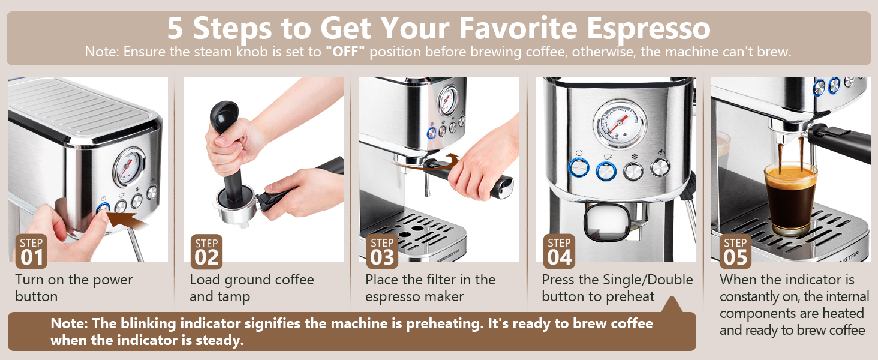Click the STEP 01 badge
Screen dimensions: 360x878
(31, 251)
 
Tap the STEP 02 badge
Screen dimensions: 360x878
(206, 251)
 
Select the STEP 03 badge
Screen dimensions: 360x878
(382, 251)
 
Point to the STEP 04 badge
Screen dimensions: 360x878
(559, 251)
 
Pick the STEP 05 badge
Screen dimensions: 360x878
(735, 251)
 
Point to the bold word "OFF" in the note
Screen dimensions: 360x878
(345, 52)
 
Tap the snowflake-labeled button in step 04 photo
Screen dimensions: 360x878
(633, 170)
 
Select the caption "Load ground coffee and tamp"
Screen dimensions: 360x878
(252, 288)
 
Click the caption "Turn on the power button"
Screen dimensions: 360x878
(73, 288)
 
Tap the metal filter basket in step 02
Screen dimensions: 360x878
(234, 207)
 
